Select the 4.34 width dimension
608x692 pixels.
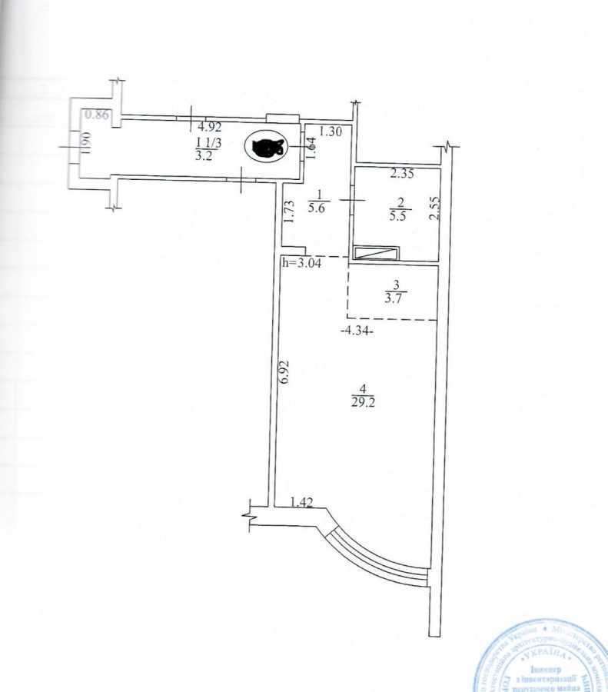[x=357, y=331]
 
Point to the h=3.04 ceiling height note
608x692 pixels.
[x=303, y=263]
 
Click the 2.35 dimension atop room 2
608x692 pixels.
[x=402, y=174]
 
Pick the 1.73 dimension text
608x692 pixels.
[x=287, y=212]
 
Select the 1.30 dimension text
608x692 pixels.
[x=331, y=131]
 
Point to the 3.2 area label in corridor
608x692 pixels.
[x=203, y=154]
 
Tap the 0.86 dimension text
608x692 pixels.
[x=97, y=115]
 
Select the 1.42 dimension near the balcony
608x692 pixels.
[x=303, y=503]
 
